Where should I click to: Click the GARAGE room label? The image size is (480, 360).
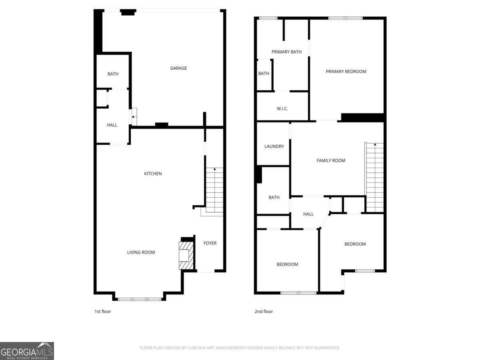[178, 68]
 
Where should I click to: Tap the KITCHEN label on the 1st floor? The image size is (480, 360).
[153, 174]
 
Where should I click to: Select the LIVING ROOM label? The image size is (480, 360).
[141, 252]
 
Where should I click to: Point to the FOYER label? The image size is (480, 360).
[210, 243]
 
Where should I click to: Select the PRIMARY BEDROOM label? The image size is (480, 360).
[346, 72]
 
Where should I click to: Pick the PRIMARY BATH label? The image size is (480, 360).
[286, 52]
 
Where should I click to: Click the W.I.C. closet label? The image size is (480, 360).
[282, 109]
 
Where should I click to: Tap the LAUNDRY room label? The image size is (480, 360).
[274, 146]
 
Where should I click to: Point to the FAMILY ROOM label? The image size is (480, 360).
[331, 160]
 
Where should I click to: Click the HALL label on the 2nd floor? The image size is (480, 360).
[308, 214]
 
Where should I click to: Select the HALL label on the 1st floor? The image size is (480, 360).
[112, 125]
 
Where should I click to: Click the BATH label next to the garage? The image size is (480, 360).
[113, 74]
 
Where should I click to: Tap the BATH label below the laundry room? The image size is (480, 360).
[274, 198]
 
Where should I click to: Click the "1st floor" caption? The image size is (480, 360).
[102, 311]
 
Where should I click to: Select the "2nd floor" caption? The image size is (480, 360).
[264, 311]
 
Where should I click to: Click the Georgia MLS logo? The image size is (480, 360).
[27, 351]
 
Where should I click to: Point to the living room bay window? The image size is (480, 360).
[139, 299]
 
